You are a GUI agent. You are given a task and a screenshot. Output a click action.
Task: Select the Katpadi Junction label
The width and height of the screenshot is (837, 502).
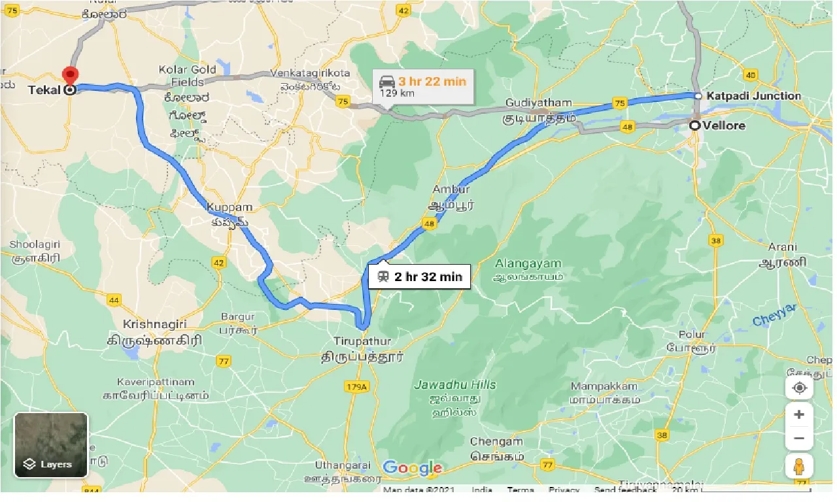click(x=753, y=96)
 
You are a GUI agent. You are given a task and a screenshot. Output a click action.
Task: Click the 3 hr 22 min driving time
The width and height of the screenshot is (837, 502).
click(x=432, y=81)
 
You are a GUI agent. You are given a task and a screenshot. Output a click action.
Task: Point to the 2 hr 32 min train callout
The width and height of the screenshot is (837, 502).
click(x=419, y=276)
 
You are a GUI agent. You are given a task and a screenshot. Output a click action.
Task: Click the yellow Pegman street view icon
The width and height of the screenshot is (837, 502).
click(x=798, y=467)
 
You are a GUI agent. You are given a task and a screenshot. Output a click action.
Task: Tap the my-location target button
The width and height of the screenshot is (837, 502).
click(x=798, y=388)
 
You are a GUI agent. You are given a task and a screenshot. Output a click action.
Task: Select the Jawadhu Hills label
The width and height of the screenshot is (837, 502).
click(x=455, y=385)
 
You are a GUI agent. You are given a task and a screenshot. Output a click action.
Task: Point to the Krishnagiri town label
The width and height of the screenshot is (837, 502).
click(x=154, y=324)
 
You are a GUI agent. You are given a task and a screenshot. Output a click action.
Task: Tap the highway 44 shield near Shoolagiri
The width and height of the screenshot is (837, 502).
click(x=114, y=300)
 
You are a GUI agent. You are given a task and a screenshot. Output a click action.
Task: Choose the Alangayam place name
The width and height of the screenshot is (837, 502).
click(x=528, y=263)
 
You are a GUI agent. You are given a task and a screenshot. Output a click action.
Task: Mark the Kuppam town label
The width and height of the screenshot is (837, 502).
click(x=229, y=207)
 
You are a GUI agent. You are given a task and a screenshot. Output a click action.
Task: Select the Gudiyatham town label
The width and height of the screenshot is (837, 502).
click(x=538, y=103)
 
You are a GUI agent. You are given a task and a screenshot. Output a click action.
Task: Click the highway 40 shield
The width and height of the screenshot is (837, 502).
click(x=750, y=75)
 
